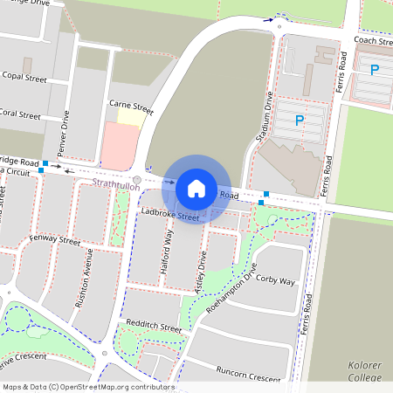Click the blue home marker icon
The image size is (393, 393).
[x=196, y=188]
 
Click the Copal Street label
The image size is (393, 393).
[x=24, y=78]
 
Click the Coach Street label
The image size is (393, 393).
[x=374, y=41]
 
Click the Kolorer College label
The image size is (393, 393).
[x=364, y=371]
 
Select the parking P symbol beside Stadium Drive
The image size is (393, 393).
[x=300, y=121]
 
